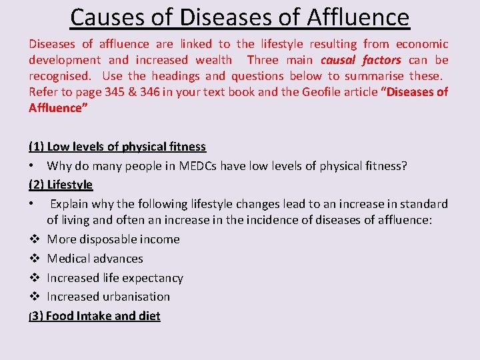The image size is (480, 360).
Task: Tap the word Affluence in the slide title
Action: (x=358, y=17)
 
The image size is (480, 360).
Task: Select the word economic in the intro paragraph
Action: (x=422, y=44)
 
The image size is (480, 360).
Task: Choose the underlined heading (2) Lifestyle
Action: (x=61, y=184)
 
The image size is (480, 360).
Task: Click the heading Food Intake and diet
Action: (x=103, y=315)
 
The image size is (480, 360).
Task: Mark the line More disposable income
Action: (x=113, y=239)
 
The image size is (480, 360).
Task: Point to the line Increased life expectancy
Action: (x=115, y=277)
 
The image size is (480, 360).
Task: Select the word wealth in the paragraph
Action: (x=214, y=60)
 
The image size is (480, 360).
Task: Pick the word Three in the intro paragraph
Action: (x=263, y=60)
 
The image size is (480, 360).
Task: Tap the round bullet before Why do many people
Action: (x=32, y=165)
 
